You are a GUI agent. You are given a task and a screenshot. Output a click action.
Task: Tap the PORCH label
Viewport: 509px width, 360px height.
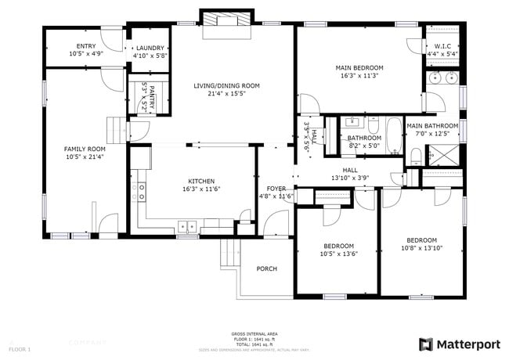point(267,268)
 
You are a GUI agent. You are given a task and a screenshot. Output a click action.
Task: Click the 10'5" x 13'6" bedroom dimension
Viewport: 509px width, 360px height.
point(338,253)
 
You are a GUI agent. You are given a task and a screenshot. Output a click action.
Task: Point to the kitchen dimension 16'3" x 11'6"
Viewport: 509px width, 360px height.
point(201,189)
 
